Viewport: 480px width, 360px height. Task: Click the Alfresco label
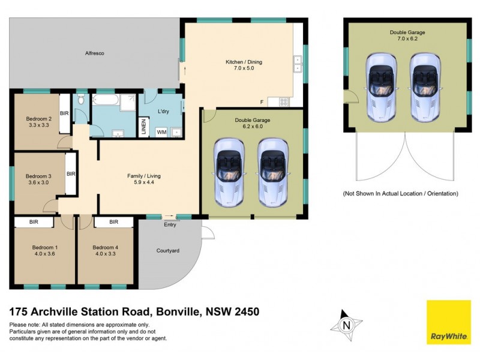tap(94, 53)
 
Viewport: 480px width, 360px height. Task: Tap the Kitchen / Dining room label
tap(244, 62)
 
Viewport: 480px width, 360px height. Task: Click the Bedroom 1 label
tap(44, 247)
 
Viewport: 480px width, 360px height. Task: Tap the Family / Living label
tap(143, 176)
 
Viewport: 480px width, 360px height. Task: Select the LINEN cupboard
tap(143, 127)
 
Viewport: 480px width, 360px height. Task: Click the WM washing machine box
tap(161, 131)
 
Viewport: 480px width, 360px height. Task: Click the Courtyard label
tap(168, 251)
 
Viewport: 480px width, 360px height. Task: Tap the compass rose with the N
tap(346, 326)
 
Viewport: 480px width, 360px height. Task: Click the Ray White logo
tap(448, 322)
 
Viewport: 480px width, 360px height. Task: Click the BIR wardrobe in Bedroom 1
tap(34, 222)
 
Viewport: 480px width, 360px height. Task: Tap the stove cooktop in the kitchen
tap(283, 102)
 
